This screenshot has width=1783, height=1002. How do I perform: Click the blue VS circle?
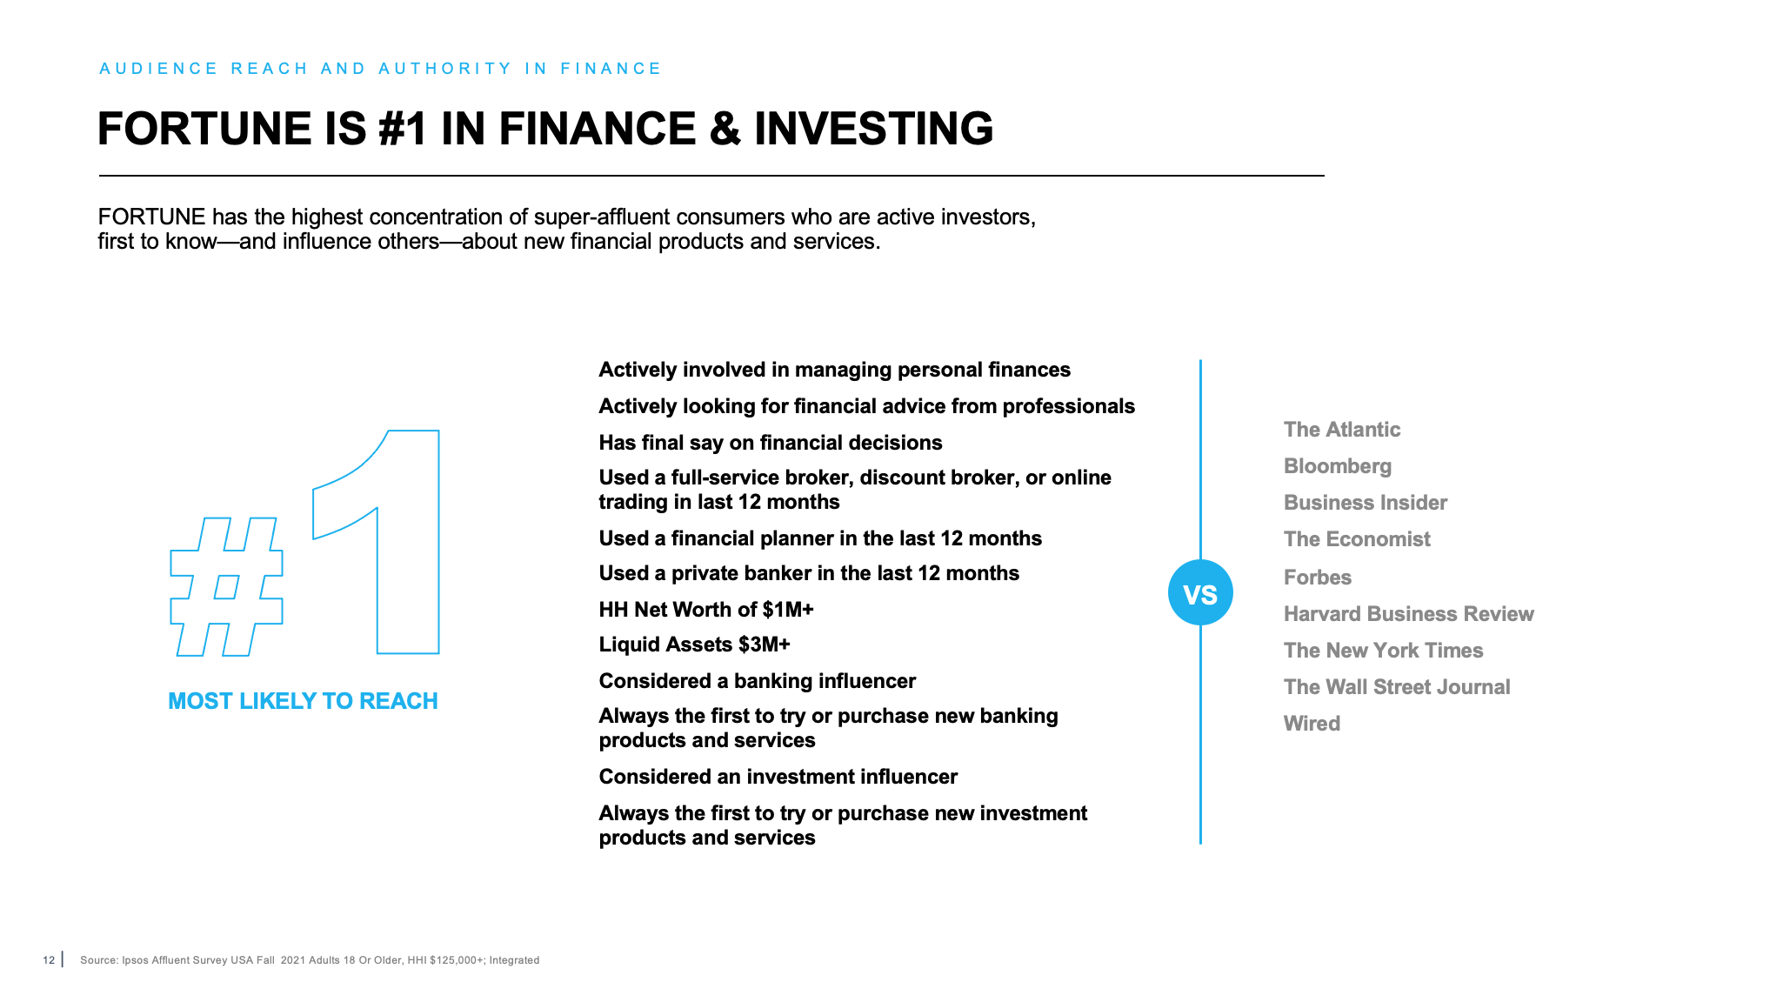(1200, 593)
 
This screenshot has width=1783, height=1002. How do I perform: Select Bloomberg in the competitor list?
(1337, 466)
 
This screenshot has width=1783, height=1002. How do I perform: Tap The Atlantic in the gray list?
(1341, 430)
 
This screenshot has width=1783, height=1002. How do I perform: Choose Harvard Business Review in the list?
(1408, 614)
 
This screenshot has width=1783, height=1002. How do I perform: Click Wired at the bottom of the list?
(1312, 724)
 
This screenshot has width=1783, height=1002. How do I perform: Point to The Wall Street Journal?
(1396, 687)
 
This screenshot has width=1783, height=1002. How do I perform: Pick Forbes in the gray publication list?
(1317, 578)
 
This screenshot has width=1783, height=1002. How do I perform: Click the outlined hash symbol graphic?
(226, 587)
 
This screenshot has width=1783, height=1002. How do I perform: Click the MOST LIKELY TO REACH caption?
(303, 701)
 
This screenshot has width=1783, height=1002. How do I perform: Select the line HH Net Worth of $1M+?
(705, 610)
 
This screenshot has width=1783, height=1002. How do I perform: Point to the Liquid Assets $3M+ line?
(694, 645)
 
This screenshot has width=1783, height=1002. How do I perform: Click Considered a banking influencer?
(757, 681)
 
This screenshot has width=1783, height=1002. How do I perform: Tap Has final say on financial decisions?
(770, 443)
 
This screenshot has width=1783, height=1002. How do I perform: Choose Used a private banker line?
(808, 573)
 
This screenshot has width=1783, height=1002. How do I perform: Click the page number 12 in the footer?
(49, 960)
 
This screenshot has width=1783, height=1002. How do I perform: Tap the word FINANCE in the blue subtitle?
(611, 69)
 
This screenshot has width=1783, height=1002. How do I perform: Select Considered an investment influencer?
(778, 777)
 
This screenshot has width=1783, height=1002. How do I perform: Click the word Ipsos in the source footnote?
(135, 960)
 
